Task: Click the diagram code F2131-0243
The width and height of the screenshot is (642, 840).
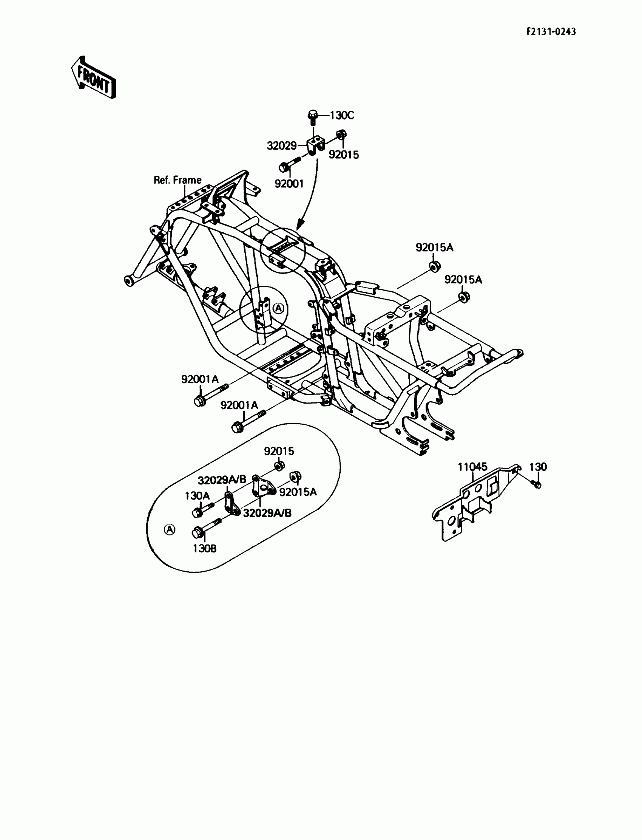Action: [x=551, y=31]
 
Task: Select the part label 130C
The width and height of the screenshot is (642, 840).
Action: [x=342, y=115]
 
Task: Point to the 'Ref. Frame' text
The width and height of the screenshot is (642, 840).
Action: [x=177, y=180]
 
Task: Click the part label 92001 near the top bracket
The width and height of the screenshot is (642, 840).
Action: [x=289, y=184]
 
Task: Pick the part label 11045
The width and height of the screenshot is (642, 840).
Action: [x=473, y=466]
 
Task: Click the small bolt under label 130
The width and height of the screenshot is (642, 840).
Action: [x=537, y=485]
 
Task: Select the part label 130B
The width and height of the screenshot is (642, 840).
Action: [x=204, y=548]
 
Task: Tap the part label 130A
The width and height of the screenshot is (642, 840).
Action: [x=197, y=495]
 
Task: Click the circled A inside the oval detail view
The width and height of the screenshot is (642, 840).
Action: [x=169, y=529]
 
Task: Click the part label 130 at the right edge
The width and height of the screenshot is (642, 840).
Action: [x=538, y=466]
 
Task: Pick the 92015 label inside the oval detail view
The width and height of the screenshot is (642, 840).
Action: [x=279, y=451]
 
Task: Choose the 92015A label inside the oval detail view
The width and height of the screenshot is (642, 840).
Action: [x=298, y=492]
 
